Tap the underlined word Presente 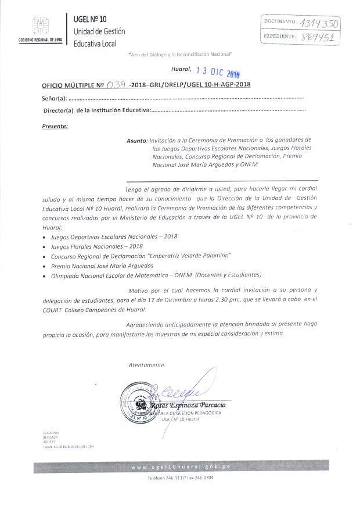click(55, 126)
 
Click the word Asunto click(136, 140)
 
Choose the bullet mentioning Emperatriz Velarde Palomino click(141, 256)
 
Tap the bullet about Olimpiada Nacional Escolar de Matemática click(156, 274)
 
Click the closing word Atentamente click(147, 365)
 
